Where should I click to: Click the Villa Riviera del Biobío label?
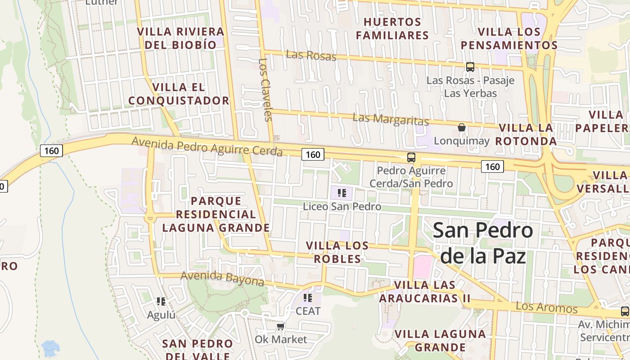(x=180, y=38)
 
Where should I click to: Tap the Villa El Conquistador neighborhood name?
(x=179, y=94)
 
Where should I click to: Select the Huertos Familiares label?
(x=392, y=28)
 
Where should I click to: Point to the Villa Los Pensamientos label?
(x=509, y=38)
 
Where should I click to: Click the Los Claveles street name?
(x=266, y=90)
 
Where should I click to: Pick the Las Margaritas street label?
(x=391, y=120)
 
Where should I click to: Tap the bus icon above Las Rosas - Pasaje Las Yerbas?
(x=470, y=67)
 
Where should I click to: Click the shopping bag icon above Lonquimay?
(x=461, y=127)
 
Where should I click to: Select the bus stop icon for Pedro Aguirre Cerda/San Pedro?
(x=411, y=157)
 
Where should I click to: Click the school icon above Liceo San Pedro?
(x=342, y=193)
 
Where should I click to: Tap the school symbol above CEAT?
(x=308, y=298)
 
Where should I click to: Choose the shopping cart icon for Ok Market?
(x=281, y=326)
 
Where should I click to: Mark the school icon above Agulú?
(x=161, y=301)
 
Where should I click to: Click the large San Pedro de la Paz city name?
(x=483, y=243)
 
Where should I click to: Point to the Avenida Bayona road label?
(x=222, y=279)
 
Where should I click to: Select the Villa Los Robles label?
(x=337, y=252)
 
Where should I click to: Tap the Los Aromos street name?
(x=546, y=308)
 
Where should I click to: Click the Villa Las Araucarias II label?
(x=424, y=292)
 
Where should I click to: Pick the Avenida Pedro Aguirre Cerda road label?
(x=207, y=147)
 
